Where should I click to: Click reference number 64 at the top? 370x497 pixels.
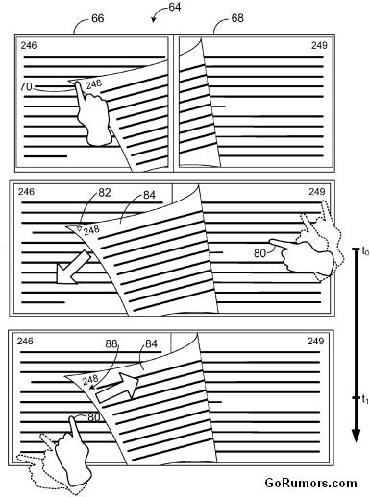(175, 7)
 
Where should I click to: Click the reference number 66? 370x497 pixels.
(98, 18)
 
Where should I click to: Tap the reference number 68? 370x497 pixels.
(237, 18)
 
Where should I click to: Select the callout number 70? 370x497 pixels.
(26, 86)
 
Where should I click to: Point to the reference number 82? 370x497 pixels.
(105, 192)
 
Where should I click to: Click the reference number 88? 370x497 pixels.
(111, 343)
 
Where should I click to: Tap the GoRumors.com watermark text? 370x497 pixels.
(310, 483)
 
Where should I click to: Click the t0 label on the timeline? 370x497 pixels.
(365, 251)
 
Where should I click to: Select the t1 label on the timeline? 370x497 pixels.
(365, 399)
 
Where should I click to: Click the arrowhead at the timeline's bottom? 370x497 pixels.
(356, 436)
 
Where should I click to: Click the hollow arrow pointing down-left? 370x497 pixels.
(73, 268)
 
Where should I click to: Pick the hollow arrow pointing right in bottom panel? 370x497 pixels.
(117, 388)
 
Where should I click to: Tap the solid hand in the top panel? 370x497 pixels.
(92, 115)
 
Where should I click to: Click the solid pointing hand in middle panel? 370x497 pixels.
(301, 256)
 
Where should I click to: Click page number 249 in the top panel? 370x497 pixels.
(319, 45)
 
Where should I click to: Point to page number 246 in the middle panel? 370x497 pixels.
(26, 192)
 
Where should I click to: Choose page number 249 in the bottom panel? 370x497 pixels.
(316, 342)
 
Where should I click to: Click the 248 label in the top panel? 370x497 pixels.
(94, 83)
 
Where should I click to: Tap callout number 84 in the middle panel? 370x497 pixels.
(149, 195)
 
